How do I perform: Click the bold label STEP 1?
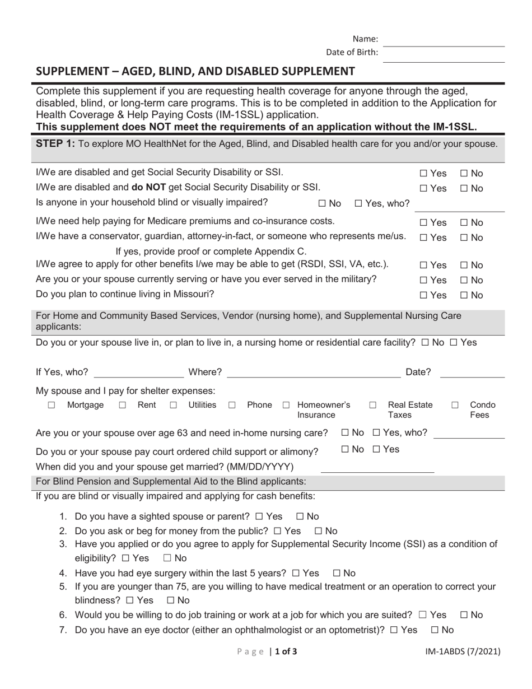tap(55, 144)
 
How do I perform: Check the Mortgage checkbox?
tap(52, 406)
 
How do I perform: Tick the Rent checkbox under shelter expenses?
tap(123, 406)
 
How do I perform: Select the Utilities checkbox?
tap(174, 406)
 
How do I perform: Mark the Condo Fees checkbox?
tap(455, 406)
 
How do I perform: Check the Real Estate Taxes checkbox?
tap(373, 406)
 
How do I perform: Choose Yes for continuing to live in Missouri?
tap(423, 295)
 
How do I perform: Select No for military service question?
tap(464, 280)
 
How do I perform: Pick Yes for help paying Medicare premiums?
tap(423, 223)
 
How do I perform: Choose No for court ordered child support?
tap(345, 449)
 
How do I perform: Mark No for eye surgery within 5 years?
tap(337, 573)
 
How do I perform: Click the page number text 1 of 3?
tap(286, 651)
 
